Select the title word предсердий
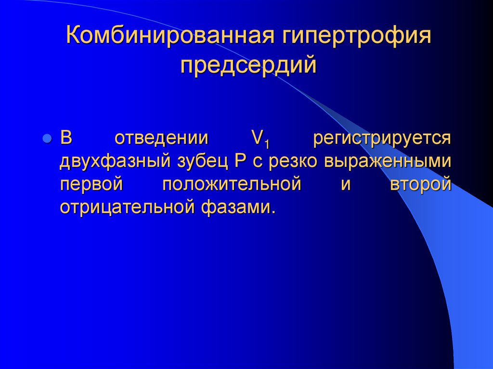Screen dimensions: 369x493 [249, 64]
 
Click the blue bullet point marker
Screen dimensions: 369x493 [47, 139]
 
